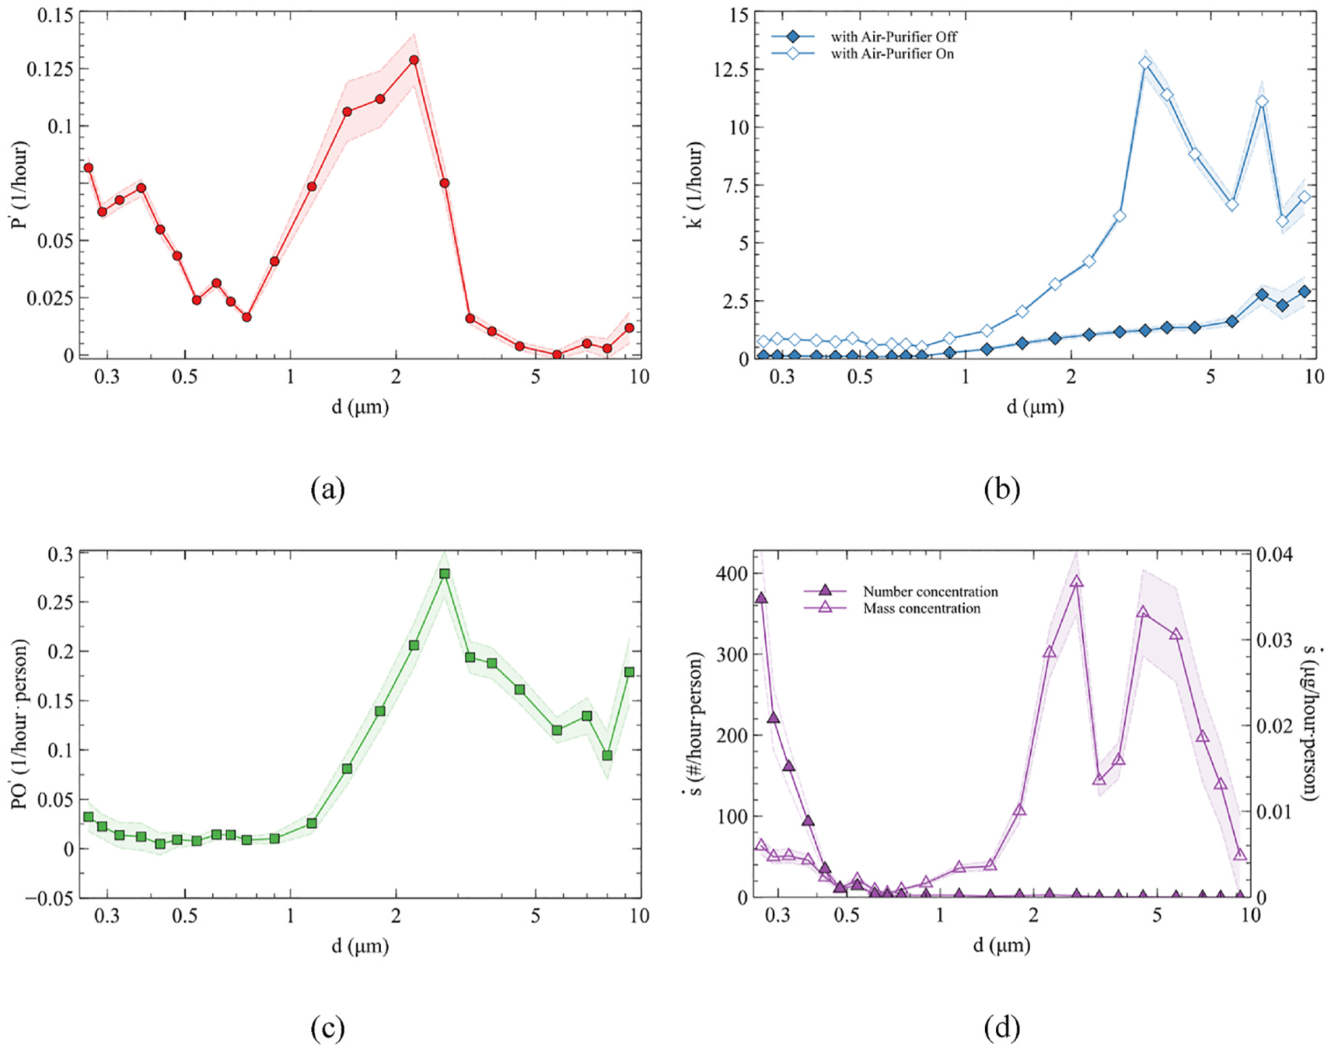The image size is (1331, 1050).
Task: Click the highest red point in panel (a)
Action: (414, 60)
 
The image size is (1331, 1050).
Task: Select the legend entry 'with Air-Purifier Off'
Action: (893, 36)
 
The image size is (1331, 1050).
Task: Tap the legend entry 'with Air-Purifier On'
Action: (892, 54)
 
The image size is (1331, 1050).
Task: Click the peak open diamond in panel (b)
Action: (1145, 64)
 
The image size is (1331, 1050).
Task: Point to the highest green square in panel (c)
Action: (444, 574)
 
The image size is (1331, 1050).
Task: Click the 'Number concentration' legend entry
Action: (930, 592)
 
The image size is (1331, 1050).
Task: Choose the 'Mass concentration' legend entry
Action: (921, 609)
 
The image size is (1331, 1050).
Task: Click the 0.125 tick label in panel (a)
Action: (50, 69)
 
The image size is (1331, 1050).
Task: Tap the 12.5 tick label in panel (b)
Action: (731, 69)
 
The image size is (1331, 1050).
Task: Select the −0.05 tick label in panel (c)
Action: (50, 898)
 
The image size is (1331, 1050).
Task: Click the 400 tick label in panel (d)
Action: (732, 574)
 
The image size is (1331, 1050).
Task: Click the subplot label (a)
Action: (328, 490)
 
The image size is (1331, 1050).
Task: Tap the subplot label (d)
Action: (1002, 1028)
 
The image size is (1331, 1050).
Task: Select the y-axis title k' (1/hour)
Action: (695, 184)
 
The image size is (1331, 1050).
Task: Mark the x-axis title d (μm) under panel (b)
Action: (1034, 407)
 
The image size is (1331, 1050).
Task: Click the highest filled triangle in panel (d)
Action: (762, 598)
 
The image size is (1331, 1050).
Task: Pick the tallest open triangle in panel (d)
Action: (1077, 582)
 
